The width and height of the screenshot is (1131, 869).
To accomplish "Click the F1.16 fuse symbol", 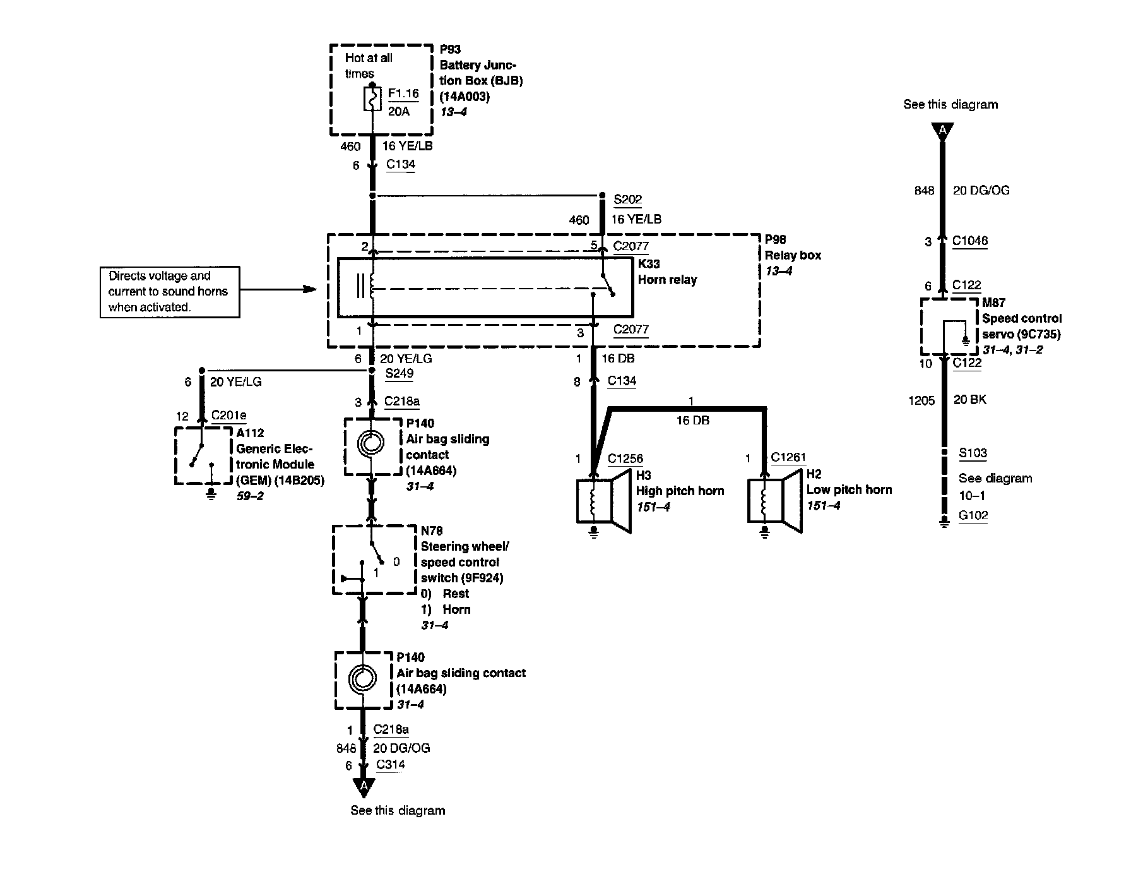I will pos(372,99).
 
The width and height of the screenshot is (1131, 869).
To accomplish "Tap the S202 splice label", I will pos(627,200).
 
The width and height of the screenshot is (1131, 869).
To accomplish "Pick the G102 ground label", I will pos(973,515).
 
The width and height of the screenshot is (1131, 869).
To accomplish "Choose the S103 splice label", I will pos(973,453).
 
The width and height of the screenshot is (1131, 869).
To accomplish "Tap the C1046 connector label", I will pos(970,241).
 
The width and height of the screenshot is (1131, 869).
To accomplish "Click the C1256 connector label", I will pos(625,458).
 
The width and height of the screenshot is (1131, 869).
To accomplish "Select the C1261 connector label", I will pos(788,457).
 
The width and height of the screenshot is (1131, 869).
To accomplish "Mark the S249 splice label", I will pos(400,373).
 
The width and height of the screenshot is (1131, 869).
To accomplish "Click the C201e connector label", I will pos(228,416).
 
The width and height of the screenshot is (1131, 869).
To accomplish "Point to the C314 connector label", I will pos(391,765).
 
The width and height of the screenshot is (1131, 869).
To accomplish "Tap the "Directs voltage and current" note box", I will pos(170,292).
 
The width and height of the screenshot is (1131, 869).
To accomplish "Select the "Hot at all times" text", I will pos(368,66).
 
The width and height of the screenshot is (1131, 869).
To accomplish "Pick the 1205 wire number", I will pos(921,400).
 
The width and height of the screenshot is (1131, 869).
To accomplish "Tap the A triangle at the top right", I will pos(942,131).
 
